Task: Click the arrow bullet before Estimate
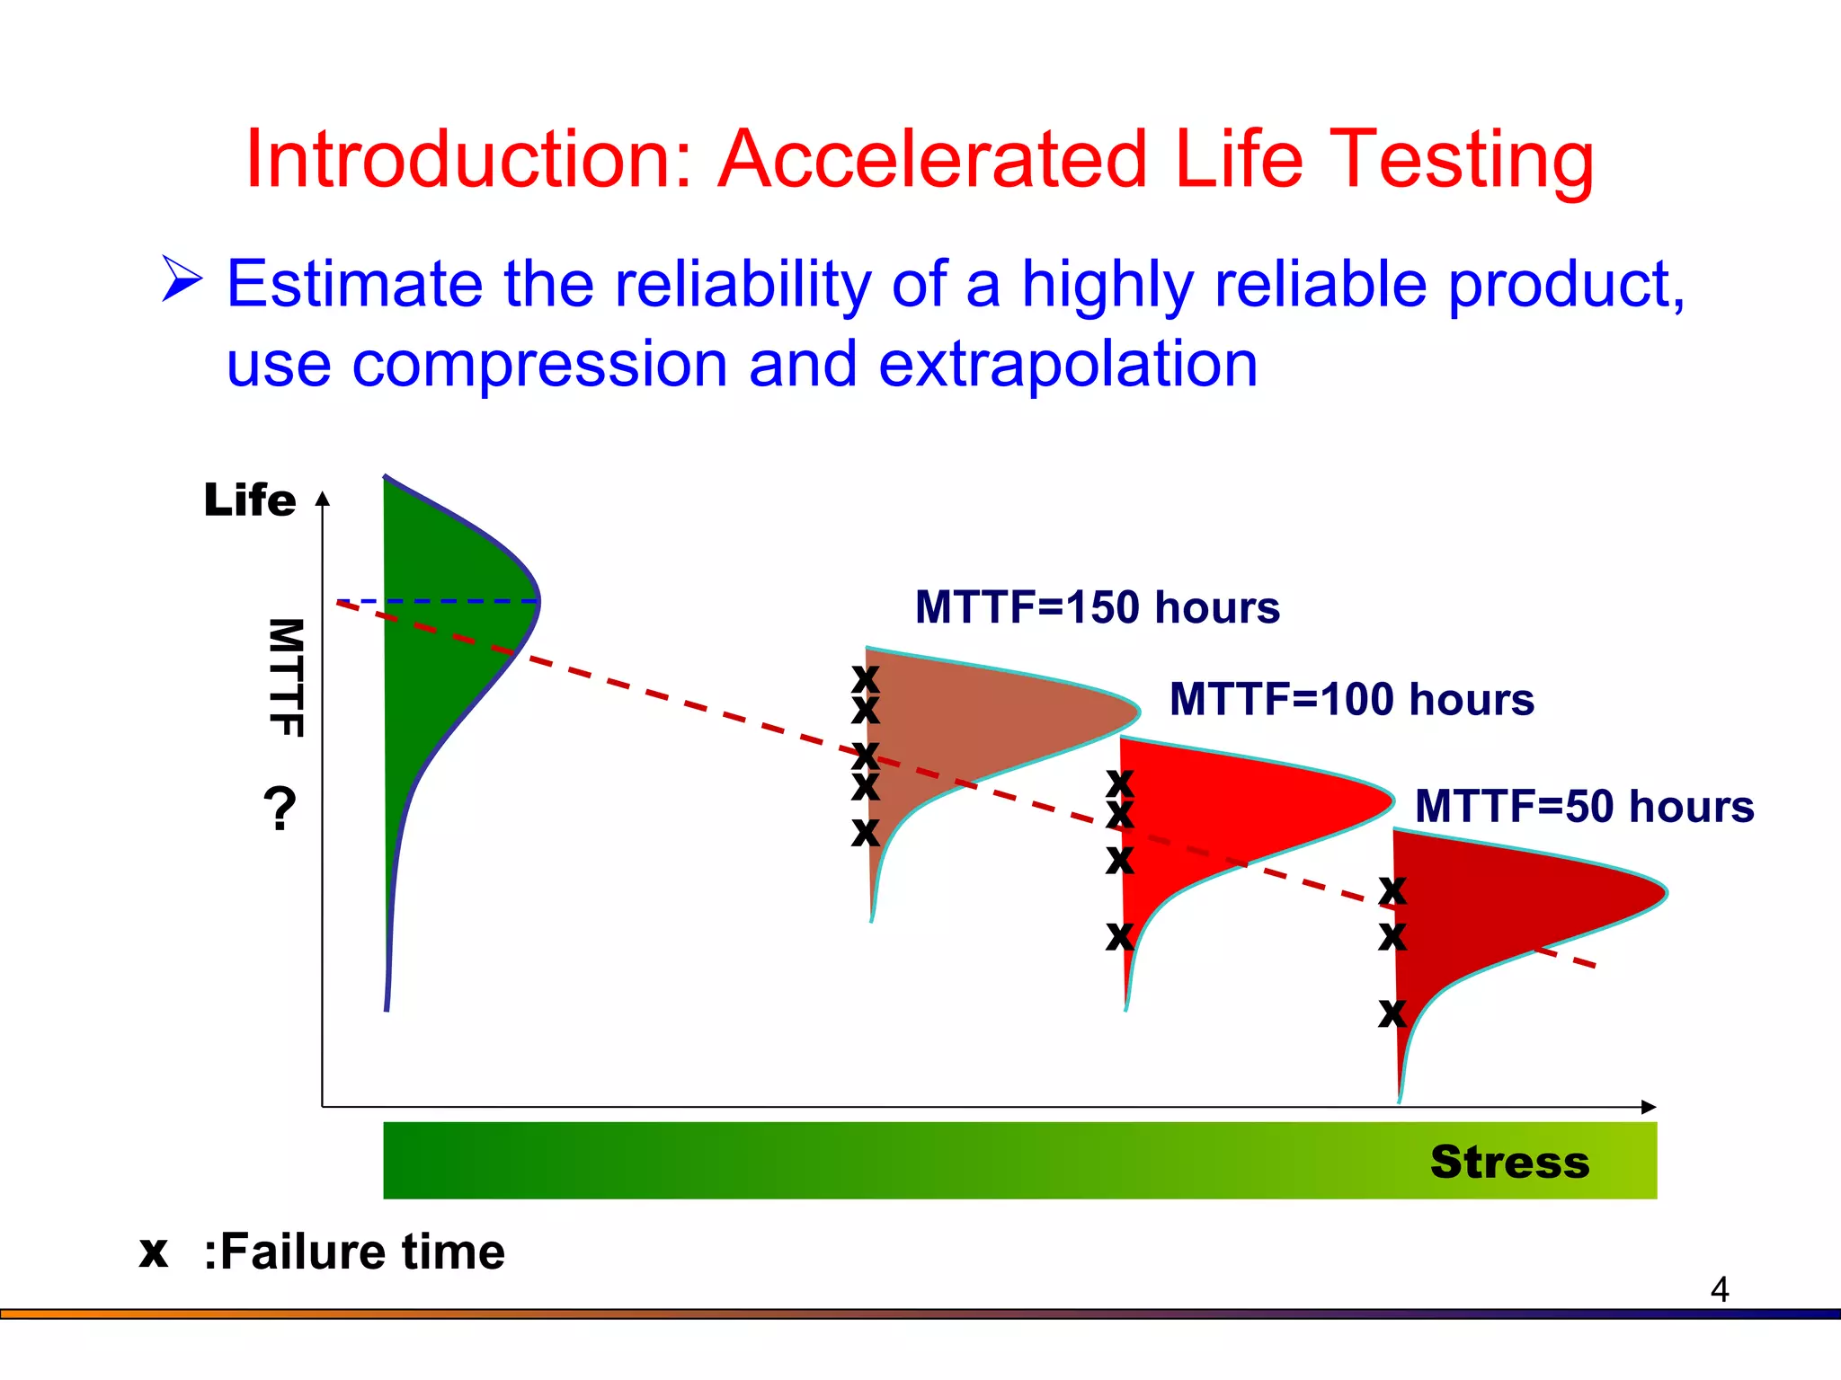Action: [x=182, y=279]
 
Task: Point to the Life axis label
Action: [x=249, y=500]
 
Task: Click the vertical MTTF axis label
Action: [x=286, y=678]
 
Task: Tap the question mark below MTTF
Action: [x=280, y=808]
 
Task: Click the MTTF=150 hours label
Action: [x=1097, y=607]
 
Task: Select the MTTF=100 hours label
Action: [x=1351, y=699]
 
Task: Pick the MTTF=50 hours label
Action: [x=1584, y=806]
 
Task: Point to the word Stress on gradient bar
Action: [x=1509, y=1162]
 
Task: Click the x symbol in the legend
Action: [x=154, y=1252]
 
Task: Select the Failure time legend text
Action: [x=354, y=1252]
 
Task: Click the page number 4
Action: [x=1719, y=1290]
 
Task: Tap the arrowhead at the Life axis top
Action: [x=323, y=499]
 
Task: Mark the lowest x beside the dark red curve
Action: [x=1392, y=1013]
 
